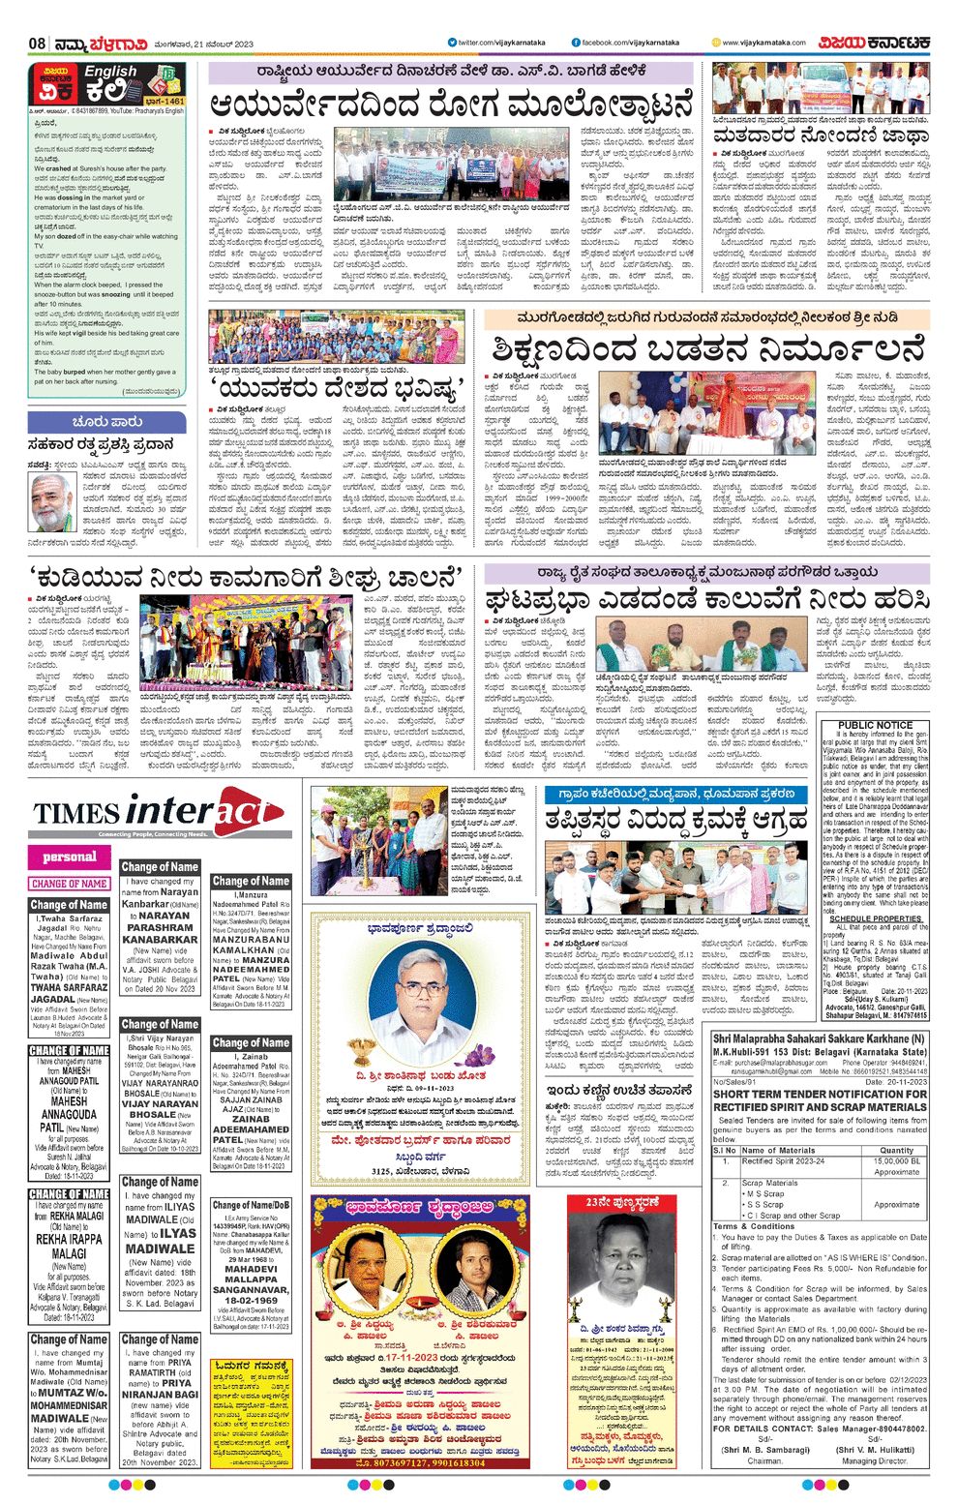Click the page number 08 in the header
[x=38, y=44]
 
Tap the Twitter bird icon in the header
[x=451, y=43]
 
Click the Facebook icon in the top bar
[x=576, y=43]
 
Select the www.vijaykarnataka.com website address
[x=763, y=43]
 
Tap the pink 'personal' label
[x=70, y=857]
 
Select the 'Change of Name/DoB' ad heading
[x=251, y=1204]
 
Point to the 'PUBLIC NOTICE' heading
[x=875, y=725]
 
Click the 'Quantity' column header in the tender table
[x=896, y=1150]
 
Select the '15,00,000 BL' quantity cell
[x=896, y=1160]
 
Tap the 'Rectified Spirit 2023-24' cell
[x=783, y=1160]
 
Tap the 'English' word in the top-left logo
[x=109, y=72]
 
